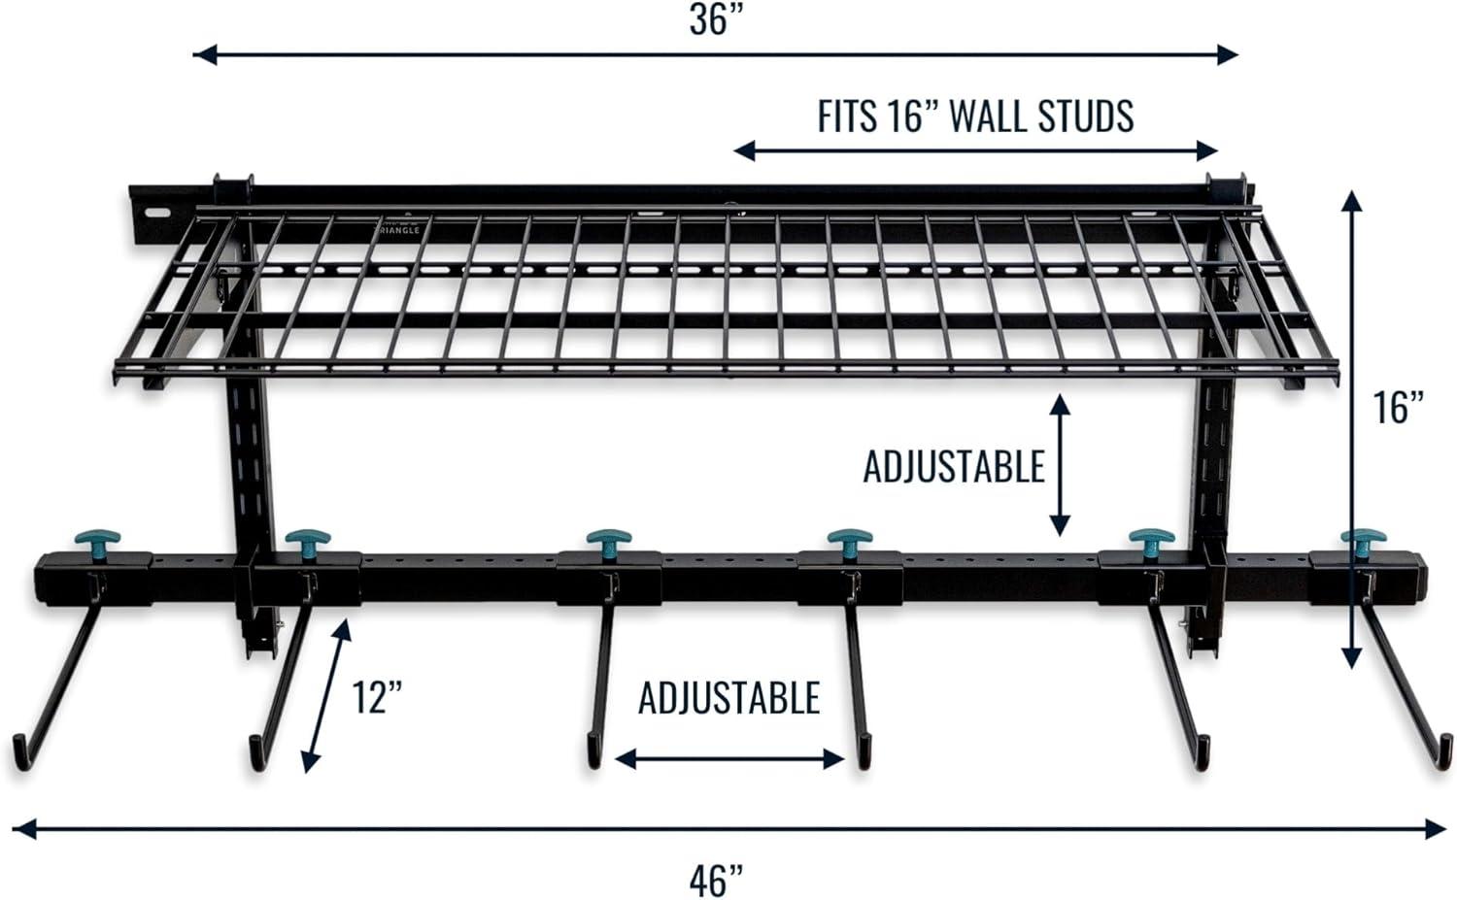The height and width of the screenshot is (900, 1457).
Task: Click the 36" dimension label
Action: tap(715, 19)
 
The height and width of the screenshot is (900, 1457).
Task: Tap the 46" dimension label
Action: tap(716, 881)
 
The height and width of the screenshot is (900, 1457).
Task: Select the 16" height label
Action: tap(1398, 407)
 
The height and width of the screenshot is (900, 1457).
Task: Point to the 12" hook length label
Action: tap(377, 697)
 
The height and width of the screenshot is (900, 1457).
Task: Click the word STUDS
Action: tap(1085, 117)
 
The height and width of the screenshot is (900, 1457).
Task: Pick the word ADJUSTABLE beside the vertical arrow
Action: tap(953, 467)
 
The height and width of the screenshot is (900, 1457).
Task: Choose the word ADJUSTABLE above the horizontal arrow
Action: tap(728, 698)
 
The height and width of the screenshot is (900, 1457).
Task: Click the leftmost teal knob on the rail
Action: tap(96, 539)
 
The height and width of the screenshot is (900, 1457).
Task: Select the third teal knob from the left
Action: tap(609, 539)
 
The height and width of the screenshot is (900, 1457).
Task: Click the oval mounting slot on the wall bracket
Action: tap(154, 213)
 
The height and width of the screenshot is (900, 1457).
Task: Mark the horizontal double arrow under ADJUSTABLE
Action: tap(728, 759)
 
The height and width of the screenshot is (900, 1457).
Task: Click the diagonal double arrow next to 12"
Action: tap(325, 696)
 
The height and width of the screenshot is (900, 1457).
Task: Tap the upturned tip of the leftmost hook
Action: tap(19, 753)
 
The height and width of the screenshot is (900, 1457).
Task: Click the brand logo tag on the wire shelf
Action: tap(399, 228)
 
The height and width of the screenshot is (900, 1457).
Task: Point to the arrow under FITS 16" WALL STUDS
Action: tap(975, 150)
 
